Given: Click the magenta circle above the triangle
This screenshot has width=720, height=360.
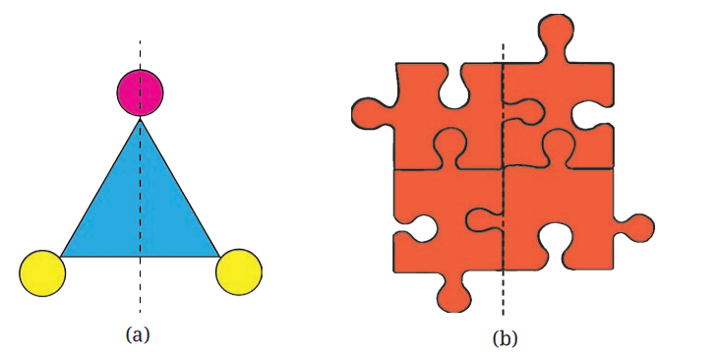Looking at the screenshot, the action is click(140, 92).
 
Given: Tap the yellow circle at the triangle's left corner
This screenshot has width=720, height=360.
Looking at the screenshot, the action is click(42, 273).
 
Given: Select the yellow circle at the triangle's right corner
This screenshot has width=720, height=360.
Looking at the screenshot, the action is click(239, 271).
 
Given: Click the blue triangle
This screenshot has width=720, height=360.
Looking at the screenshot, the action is click(140, 207).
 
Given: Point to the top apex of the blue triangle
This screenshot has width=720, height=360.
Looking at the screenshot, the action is click(140, 118).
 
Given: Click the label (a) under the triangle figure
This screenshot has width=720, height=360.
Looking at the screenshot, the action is click(138, 334).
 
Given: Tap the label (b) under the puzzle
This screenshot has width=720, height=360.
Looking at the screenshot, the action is click(506, 339).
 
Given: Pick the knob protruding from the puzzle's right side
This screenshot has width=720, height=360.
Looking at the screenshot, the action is click(636, 228).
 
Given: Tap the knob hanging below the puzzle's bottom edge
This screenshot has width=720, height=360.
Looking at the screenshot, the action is click(454, 294).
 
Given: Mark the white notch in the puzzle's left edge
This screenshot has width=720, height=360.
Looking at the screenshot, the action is click(415, 228).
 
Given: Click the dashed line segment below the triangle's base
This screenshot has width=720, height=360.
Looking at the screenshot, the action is click(140, 285).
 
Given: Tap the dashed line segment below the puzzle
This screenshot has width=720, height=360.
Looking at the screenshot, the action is click(504, 292).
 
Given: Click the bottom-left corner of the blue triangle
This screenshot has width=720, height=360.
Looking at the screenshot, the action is click(61, 256).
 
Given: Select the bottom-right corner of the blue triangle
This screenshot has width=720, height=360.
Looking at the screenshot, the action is click(219, 256).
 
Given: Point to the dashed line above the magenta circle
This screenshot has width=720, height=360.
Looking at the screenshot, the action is click(140, 55).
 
